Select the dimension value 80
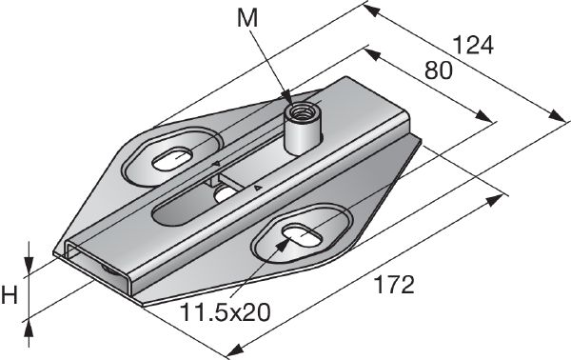[438, 70]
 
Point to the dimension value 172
[392, 285]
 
